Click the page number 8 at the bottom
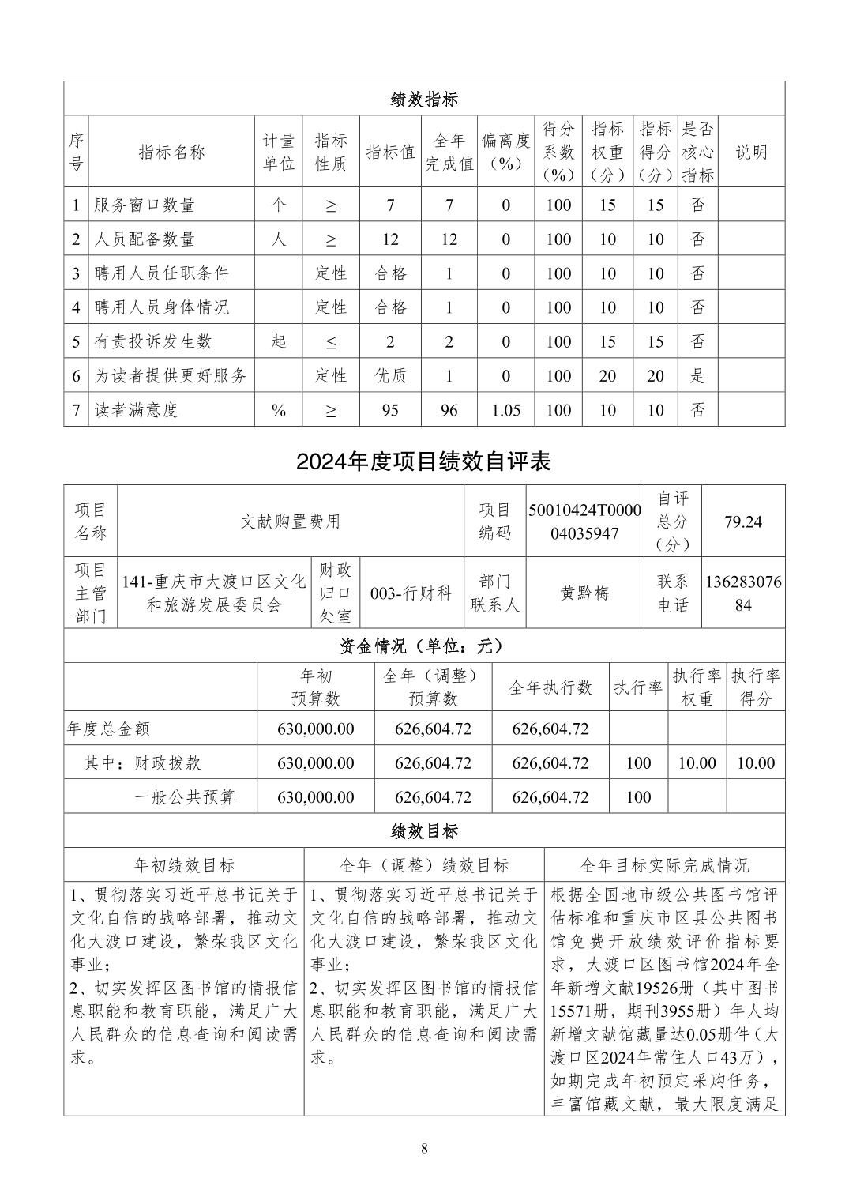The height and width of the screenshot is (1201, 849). pyautogui.click(x=424, y=1148)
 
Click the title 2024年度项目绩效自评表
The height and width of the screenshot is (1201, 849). pyautogui.click(x=423, y=461)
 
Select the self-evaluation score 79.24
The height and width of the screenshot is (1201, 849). pyautogui.click(x=742, y=521)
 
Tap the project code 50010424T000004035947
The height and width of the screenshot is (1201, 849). pyautogui.click(x=584, y=521)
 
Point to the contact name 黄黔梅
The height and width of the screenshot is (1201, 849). pyautogui.click(x=584, y=593)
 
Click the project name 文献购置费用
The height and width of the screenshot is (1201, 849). pyautogui.click(x=290, y=521)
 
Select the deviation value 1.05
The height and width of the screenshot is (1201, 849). pyautogui.click(x=505, y=410)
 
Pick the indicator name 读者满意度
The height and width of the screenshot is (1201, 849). pyautogui.click(x=136, y=410)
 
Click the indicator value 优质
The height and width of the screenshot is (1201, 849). pyautogui.click(x=390, y=376)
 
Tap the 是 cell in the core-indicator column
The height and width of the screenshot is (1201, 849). pyautogui.click(x=697, y=376)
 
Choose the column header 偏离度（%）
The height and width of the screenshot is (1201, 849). pyautogui.click(x=505, y=152)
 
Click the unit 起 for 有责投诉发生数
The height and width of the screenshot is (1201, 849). pyautogui.click(x=278, y=341)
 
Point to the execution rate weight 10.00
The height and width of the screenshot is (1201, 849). pyautogui.click(x=697, y=763)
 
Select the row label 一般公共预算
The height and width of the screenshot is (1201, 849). pyautogui.click(x=185, y=797)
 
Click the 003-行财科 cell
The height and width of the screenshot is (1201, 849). pyautogui.click(x=411, y=593)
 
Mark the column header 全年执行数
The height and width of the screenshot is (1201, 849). pyautogui.click(x=550, y=687)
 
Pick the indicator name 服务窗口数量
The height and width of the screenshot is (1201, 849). pyautogui.click(x=144, y=205)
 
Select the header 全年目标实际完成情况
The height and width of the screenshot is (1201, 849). pyautogui.click(x=663, y=865)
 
